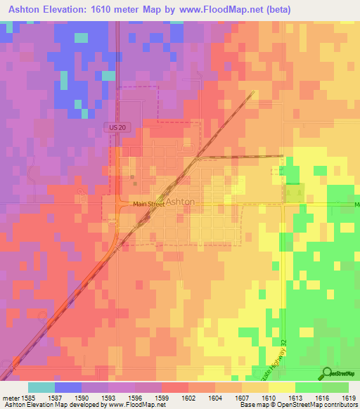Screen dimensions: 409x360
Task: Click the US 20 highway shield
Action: tap(118, 126)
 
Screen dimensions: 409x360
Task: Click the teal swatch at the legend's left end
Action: tap(41, 387)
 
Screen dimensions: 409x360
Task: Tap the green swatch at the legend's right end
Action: tap(335, 387)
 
